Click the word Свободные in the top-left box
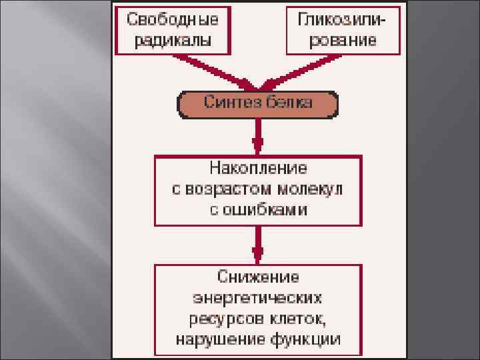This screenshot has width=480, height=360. (173, 19)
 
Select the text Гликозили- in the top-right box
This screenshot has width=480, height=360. (343, 19)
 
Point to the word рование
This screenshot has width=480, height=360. (343, 39)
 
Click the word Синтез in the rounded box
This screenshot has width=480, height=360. (228, 103)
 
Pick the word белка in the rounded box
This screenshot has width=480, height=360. (287, 103)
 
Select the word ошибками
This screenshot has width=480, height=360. (265, 210)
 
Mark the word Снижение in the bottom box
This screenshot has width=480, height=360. (258, 275)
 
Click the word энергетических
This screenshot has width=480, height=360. (258, 296)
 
